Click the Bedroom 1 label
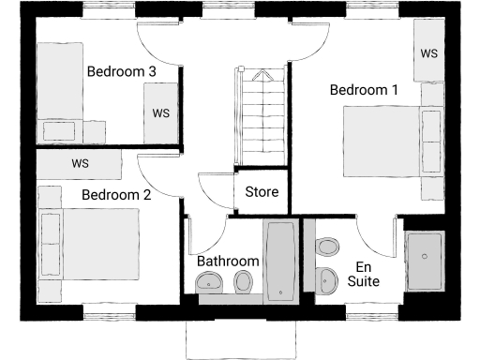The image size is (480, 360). tap(364, 90)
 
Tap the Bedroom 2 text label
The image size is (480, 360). tap(116, 195)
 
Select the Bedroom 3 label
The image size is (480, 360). tap(121, 70)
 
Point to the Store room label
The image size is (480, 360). tap(262, 192)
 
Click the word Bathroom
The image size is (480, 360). tap(228, 261)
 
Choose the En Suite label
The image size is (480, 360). tap(364, 274)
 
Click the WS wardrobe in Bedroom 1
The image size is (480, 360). tap(429, 53)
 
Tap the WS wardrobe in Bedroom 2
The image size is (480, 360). tap(80, 163)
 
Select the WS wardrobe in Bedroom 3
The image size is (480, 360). tap(160, 113)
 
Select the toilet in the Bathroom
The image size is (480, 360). tap(243, 281)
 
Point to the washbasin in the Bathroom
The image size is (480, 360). tap(208, 281)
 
